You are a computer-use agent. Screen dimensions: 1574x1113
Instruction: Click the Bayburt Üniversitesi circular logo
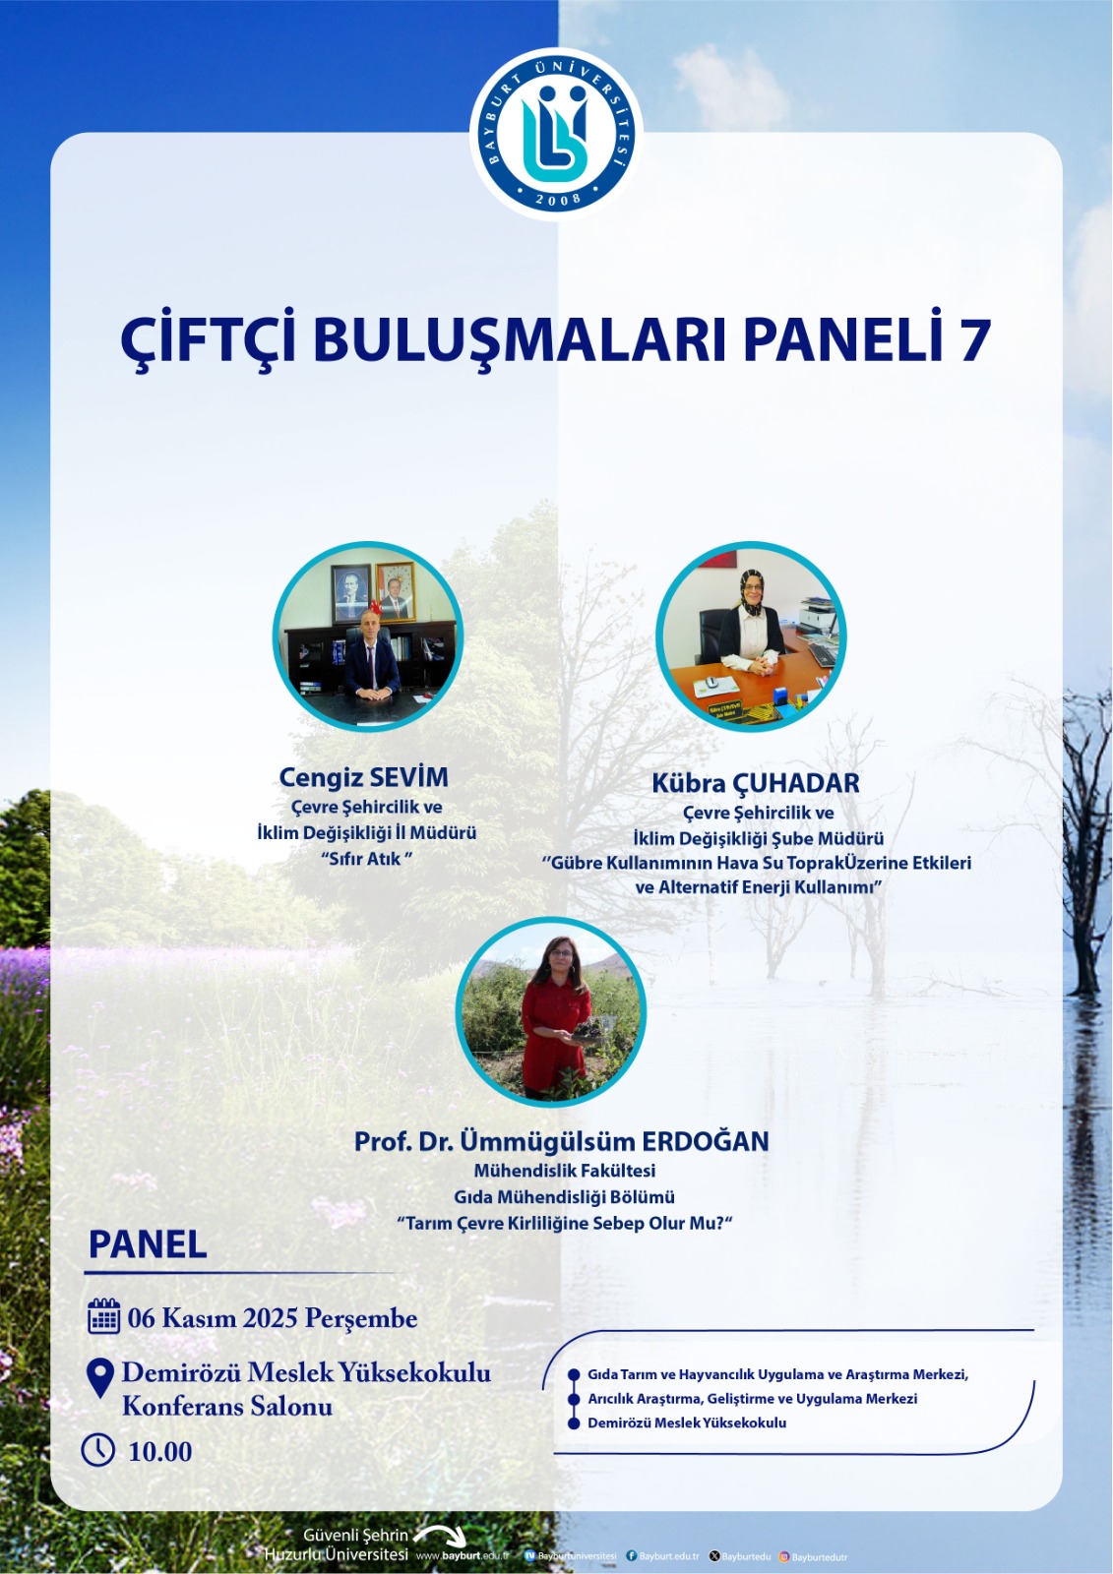pos(556,134)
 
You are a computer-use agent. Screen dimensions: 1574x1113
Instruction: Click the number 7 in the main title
pos(973,340)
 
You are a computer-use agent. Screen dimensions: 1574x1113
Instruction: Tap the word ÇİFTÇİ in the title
pos(208,340)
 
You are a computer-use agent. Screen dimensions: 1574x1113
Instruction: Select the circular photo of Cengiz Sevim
pos(367,636)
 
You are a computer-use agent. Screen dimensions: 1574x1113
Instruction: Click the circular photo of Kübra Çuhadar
pos(751,636)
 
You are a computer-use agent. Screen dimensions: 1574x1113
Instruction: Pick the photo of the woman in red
pos(551,1012)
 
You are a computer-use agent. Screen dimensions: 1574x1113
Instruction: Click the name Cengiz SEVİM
pos(363,777)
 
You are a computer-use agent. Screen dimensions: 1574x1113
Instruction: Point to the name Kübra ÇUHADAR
pos(755,783)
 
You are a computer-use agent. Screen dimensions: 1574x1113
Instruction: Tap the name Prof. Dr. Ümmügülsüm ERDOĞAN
pos(561,1141)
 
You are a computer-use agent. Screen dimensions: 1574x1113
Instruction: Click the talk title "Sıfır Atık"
pos(365,859)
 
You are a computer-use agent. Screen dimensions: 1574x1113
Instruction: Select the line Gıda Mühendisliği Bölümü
pos(564,1197)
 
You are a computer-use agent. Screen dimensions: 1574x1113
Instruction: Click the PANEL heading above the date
pos(148,1244)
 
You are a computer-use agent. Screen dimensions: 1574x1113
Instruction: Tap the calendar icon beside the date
pos(103,1316)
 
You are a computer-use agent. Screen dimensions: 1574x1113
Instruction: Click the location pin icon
pos(100,1377)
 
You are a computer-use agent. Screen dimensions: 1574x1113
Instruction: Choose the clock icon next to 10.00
pos(98,1450)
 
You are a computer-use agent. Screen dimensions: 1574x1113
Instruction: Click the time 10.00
pos(159,1451)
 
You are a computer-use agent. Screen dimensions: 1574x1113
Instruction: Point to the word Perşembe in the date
pos(361,1318)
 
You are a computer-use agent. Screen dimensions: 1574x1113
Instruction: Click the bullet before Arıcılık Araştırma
pos(574,1399)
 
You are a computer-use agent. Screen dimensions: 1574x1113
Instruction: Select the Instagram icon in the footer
pos(784,1556)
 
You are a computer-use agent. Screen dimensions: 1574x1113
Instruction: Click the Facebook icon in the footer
pos(632,1556)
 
